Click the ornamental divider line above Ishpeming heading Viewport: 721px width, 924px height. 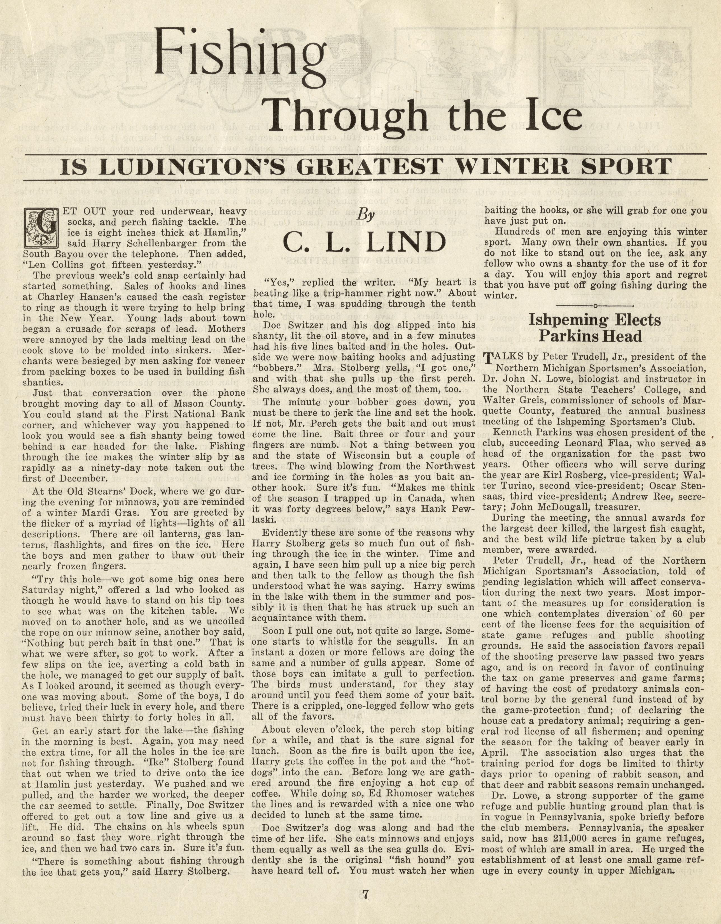[595, 305]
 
